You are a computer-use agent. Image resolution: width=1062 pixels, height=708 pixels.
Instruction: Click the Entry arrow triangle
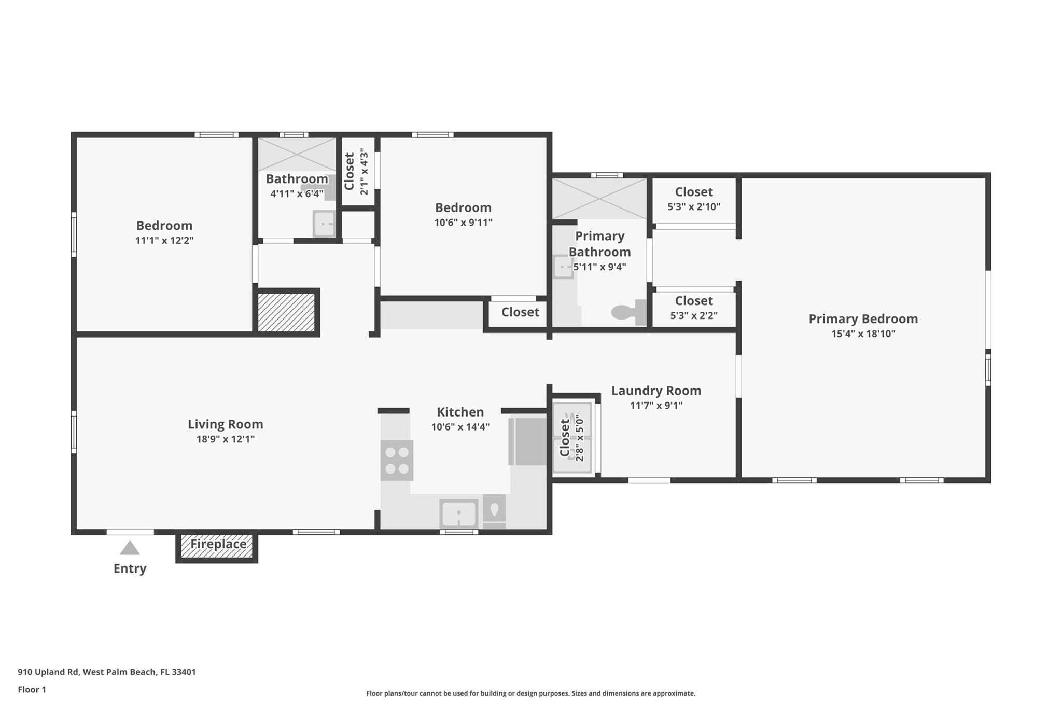130,548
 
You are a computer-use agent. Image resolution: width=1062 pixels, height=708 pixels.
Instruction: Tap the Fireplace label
218,544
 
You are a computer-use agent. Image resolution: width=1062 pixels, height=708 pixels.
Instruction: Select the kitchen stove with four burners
397,460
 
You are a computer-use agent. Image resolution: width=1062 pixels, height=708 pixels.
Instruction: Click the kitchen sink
459,513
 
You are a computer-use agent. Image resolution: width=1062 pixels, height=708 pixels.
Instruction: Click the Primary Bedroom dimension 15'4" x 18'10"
863,334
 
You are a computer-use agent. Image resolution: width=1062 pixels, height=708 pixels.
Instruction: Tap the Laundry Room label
656,391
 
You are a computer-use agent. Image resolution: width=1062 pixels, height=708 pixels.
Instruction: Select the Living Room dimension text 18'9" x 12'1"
226,439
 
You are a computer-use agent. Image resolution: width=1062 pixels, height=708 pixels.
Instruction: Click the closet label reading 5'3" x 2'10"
694,206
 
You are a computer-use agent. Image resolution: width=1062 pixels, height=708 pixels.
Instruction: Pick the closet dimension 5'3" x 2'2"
694,315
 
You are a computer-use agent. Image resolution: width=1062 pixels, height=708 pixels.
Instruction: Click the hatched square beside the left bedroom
286,312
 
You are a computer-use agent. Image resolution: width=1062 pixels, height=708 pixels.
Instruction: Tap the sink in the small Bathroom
324,224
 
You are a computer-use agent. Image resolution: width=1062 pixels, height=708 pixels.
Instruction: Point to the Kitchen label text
460,412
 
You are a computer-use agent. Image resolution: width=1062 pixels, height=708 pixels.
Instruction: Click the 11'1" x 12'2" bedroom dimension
164,240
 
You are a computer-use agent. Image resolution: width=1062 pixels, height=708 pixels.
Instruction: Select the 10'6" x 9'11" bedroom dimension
463,223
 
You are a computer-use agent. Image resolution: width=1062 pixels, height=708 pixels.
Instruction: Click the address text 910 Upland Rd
48,672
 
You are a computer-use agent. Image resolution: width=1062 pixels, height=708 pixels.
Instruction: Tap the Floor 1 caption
32,689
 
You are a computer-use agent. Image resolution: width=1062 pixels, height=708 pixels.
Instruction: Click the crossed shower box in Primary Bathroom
599,199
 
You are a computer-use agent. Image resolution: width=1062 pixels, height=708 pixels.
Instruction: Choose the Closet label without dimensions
520,312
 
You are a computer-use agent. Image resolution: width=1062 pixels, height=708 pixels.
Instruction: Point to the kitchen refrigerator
527,441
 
